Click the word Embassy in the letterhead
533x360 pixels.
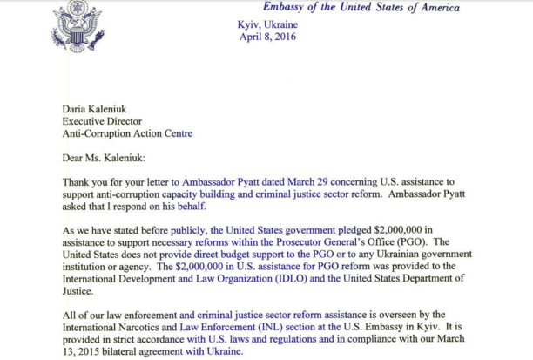tap(285, 8)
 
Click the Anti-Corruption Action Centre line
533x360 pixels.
tap(127, 134)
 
